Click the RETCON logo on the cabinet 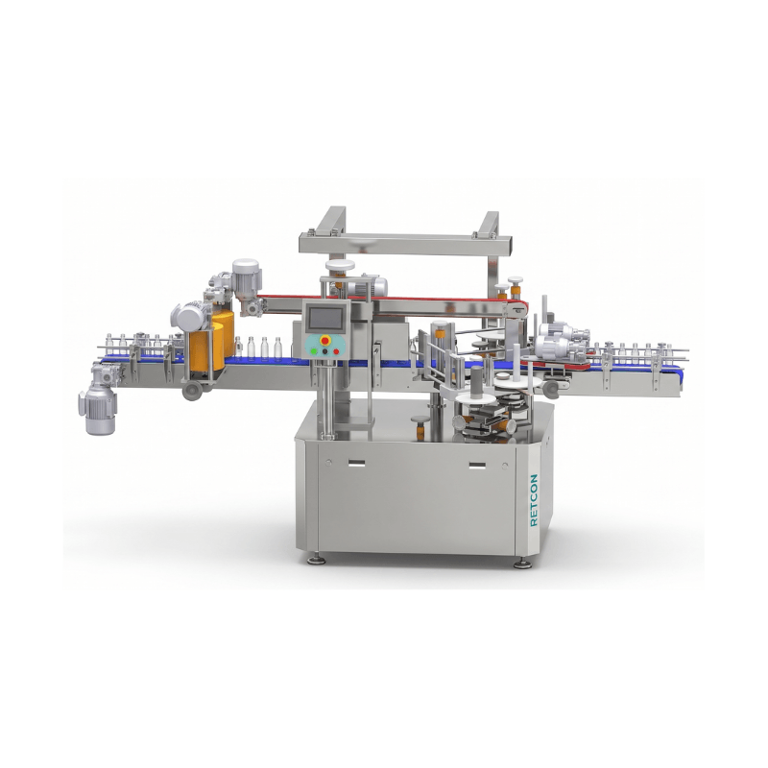(x=534, y=499)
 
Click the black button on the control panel (x=324, y=351)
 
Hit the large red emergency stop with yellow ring (x=324, y=341)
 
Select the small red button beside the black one (x=336, y=351)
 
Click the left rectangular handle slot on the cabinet (x=356, y=463)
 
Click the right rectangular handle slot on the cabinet (x=477, y=465)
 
